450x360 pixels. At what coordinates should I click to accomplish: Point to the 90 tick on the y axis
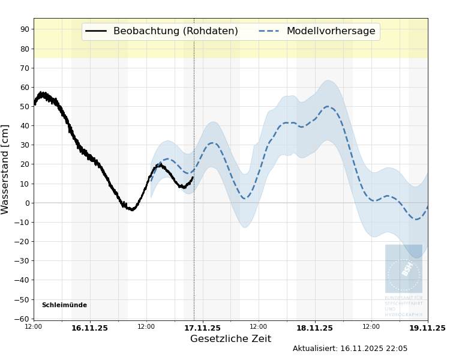[25, 29]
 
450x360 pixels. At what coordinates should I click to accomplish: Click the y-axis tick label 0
[27, 203]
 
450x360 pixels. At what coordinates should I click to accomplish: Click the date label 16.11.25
[89, 328]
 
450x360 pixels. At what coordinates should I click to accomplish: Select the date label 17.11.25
[202, 328]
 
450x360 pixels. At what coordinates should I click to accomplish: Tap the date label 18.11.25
[314, 328]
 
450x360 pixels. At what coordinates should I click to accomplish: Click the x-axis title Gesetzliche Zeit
[230, 339]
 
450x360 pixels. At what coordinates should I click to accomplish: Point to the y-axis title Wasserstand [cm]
[6, 169]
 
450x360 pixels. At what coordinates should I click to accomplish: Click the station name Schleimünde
[64, 305]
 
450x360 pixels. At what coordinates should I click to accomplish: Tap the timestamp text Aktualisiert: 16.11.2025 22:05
[350, 349]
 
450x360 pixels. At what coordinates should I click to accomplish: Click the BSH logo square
[403, 268]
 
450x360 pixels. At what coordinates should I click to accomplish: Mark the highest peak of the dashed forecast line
[328, 107]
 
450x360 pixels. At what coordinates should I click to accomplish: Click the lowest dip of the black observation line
[131, 209]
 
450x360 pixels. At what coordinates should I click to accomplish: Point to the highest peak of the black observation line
[41, 93]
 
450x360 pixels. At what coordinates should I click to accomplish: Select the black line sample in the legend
[96, 31]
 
